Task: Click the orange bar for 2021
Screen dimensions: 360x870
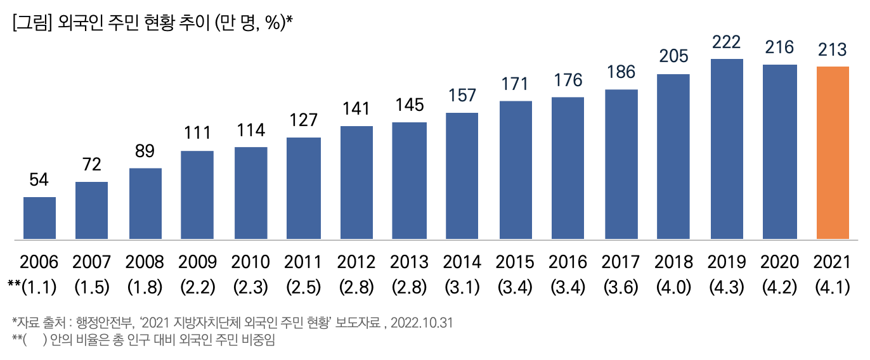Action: click(x=833, y=153)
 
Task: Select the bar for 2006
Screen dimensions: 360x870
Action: click(x=39, y=218)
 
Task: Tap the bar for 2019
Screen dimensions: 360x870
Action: click(x=727, y=149)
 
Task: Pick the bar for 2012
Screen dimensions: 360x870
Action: click(x=356, y=183)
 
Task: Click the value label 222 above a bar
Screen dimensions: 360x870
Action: click(x=727, y=42)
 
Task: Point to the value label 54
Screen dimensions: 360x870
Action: click(x=39, y=180)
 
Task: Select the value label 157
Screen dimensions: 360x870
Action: click(x=462, y=96)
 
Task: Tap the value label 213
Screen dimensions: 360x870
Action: click(x=833, y=49)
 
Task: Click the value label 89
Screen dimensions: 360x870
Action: click(x=145, y=152)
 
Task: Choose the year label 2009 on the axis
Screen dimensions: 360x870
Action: click(x=198, y=262)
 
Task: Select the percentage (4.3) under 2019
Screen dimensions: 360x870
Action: click(x=727, y=287)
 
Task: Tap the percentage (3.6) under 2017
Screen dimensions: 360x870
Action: click(x=621, y=287)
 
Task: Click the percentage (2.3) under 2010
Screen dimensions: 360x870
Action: click(x=250, y=287)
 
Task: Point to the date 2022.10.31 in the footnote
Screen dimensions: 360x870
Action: click(x=422, y=323)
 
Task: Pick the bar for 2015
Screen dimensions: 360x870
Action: click(x=516, y=170)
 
